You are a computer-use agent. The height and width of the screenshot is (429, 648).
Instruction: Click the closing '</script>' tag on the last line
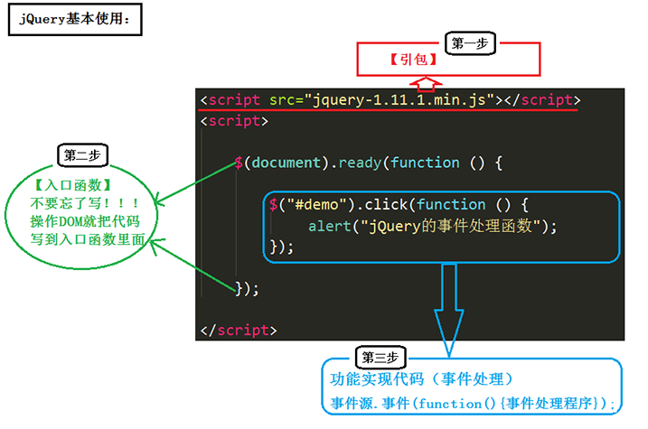[x=239, y=331]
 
